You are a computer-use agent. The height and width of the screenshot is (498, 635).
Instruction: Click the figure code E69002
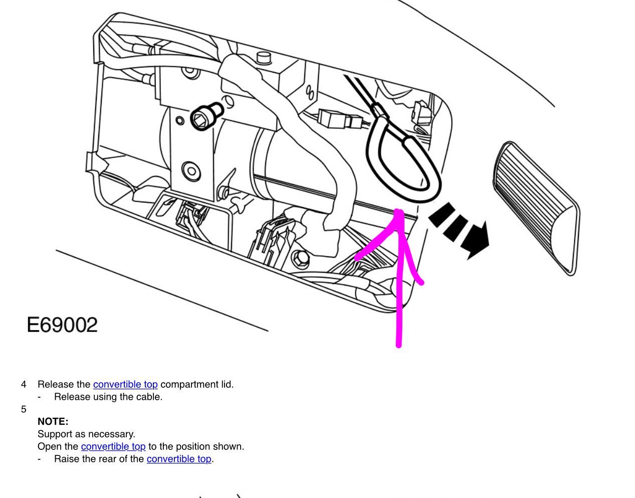click(x=62, y=325)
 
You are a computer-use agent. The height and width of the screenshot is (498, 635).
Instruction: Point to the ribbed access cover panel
click(x=537, y=208)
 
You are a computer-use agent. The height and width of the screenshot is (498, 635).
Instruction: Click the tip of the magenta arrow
click(x=399, y=210)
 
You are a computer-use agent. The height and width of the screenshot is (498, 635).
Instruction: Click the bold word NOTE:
click(x=53, y=421)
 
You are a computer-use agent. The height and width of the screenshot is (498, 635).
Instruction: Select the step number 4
click(x=24, y=384)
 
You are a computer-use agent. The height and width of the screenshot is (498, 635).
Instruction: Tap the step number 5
click(x=24, y=409)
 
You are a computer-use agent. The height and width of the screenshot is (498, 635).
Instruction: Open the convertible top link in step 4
click(x=125, y=384)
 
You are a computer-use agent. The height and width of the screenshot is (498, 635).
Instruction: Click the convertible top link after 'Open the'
click(x=113, y=446)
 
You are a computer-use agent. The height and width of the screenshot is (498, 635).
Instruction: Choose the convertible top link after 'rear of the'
click(x=179, y=459)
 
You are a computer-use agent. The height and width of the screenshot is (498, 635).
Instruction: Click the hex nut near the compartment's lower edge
click(x=300, y=259)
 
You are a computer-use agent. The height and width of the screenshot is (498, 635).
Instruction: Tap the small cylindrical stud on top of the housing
click(x=264, y=57)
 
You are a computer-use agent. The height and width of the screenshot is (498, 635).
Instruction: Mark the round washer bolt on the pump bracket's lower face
click(x=191, y=171)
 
